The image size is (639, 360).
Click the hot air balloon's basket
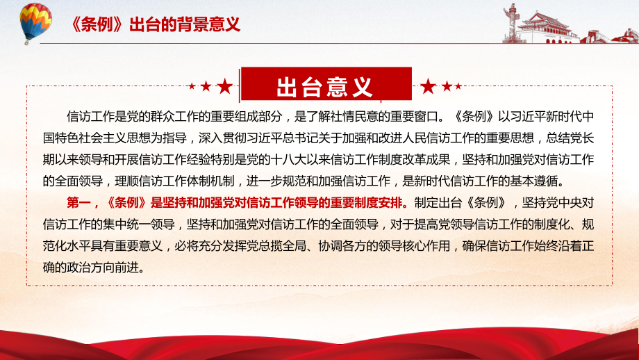(x=27, y=42)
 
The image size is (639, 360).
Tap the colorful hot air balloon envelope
(x=36, y=19)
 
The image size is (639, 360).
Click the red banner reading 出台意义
(x=326, y=84)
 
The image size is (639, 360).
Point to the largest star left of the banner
(x=224, y=86)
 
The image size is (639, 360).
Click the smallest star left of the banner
(x=192, y=86)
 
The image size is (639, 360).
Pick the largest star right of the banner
(x=428, y=86)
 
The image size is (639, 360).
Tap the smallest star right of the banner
(x=458, y=86)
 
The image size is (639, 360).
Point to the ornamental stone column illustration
(x=510, y=23)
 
